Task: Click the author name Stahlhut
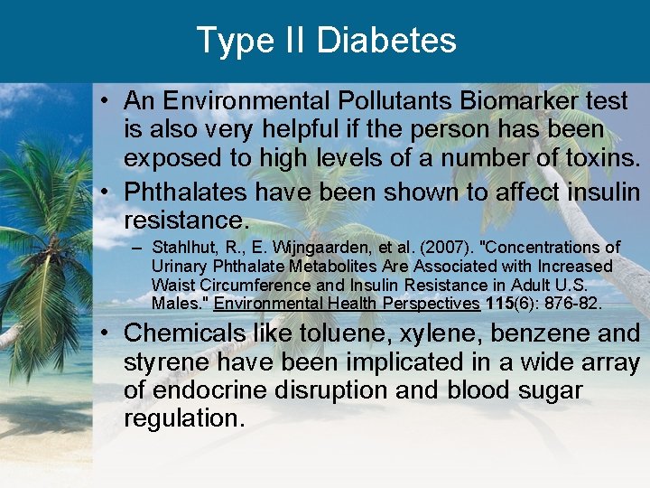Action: click(183, 248)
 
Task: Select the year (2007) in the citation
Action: click(417, 248)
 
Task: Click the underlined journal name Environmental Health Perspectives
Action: click(347, 303)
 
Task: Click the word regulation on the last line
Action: click(183, 418)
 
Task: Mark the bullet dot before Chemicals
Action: click(107, 333)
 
